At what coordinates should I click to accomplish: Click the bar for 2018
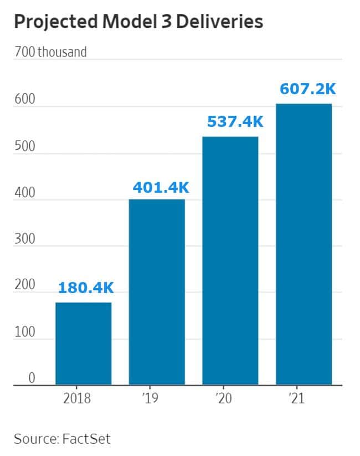[x=83, y=344]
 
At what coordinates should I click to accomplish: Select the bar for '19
[x=157, y=292]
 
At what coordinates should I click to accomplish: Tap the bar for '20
[x=230, y=260]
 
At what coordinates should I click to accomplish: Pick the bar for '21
[x=304, y=244]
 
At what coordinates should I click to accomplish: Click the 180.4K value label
[x=86, y=288]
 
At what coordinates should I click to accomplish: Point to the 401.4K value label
[x=161, y=187]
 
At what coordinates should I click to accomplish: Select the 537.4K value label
[x=235, y=122]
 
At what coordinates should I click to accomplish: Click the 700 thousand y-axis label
[x=50, y=53]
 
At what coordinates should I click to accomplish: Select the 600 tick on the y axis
[x=25, y=100]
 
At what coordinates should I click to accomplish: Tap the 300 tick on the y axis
[x=25, y=239]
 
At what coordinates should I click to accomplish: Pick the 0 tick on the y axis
[x=32, y=378]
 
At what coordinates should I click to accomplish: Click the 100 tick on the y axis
[x=25, y=332]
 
